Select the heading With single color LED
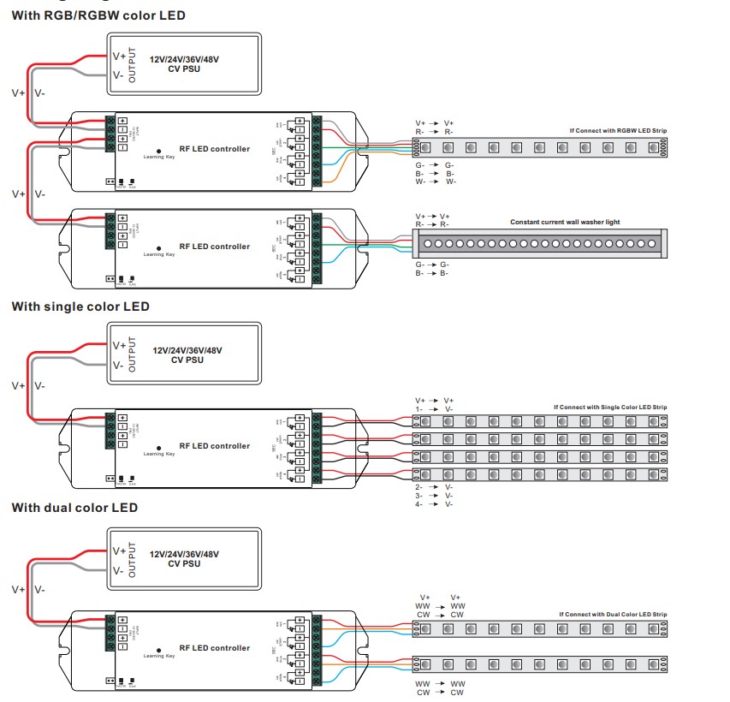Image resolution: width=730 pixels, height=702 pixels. (80, 306)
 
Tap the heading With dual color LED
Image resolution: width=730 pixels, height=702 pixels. (74, 508)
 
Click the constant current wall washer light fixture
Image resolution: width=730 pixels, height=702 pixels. (539, 243)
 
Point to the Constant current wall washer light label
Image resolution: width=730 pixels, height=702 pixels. (565, 222)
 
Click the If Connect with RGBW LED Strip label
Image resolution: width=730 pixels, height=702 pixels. (618, 130)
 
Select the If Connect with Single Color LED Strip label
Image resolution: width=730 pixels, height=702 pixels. (610, 407)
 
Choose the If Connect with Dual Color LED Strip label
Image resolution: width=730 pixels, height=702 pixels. (613, 615)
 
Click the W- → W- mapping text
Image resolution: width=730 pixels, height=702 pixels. (436, 181)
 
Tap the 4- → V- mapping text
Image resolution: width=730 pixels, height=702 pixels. (434, 503)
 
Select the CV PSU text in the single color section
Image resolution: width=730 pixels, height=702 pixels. (185, 360)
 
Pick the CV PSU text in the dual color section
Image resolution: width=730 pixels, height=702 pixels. (185, 564)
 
